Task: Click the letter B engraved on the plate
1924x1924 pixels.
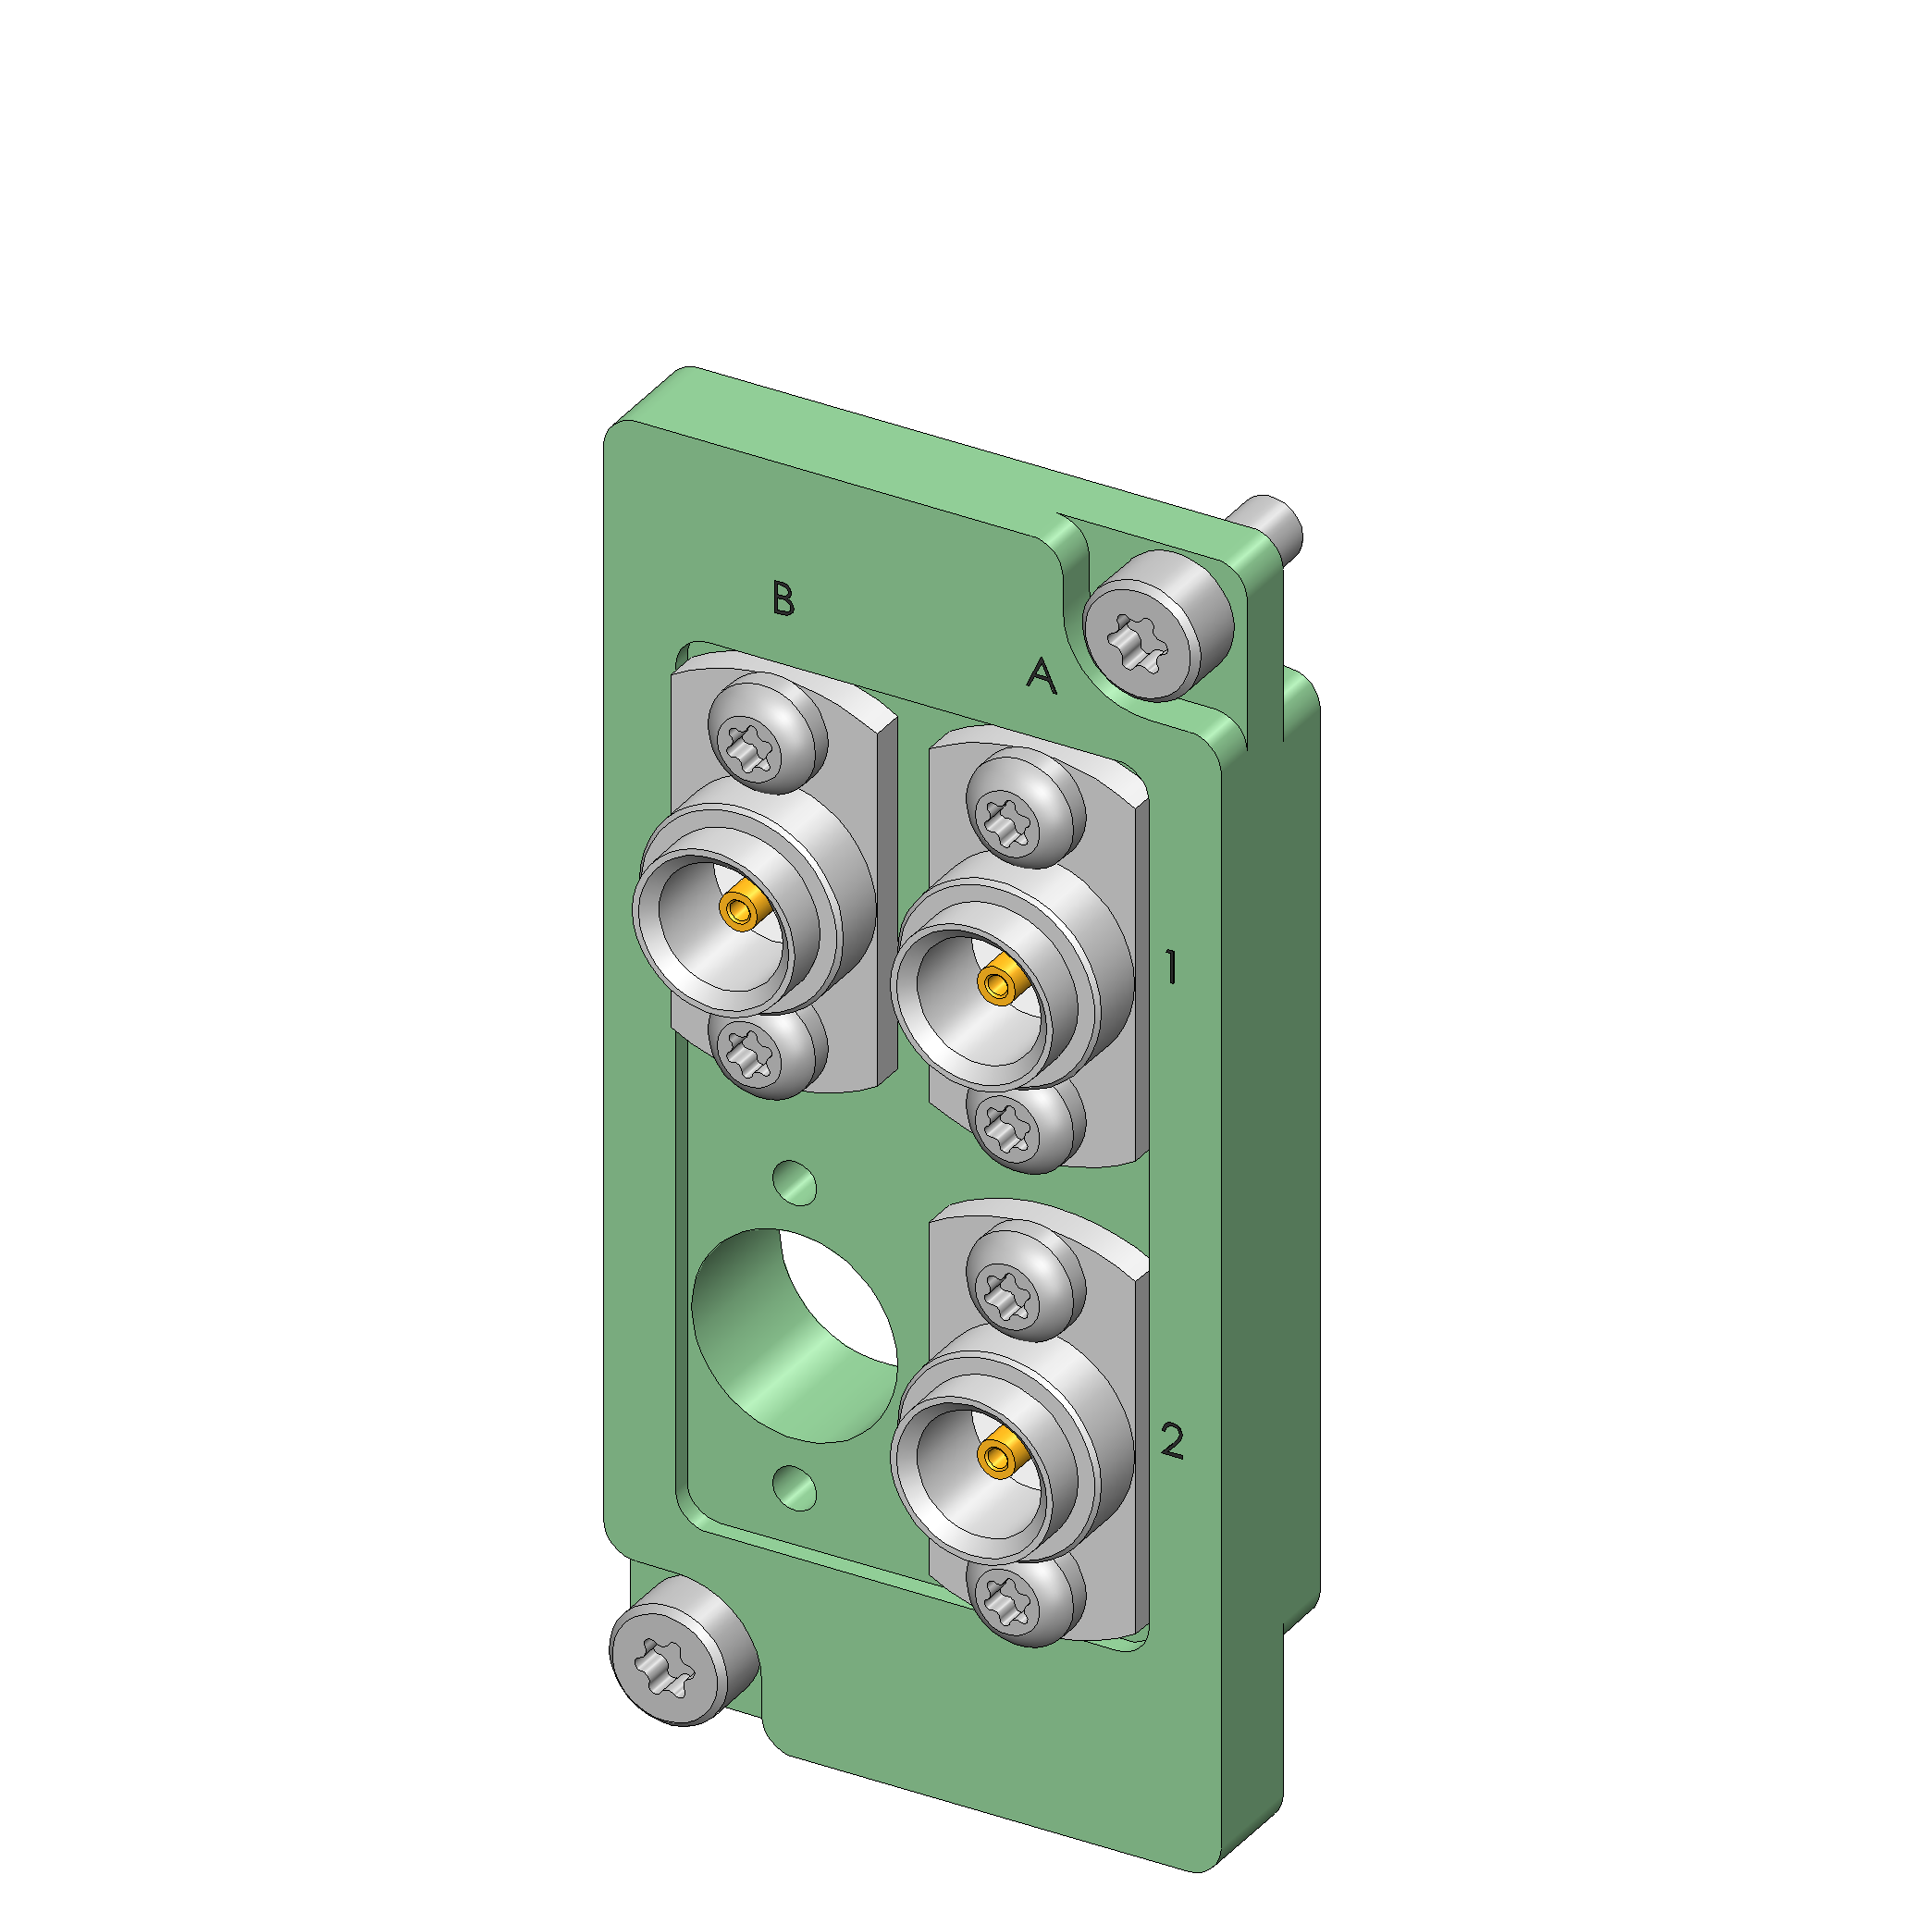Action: coord(783,598)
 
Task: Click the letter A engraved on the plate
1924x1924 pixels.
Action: coord(1042,675)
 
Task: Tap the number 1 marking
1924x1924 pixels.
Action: coord(1172,967)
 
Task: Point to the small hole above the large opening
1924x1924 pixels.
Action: coord(795,1182)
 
